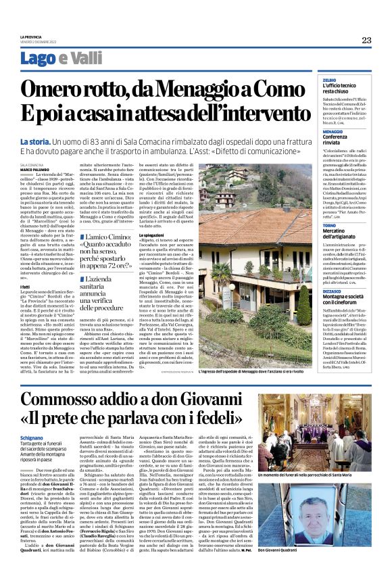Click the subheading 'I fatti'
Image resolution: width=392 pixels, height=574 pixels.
tap(24, 287)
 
